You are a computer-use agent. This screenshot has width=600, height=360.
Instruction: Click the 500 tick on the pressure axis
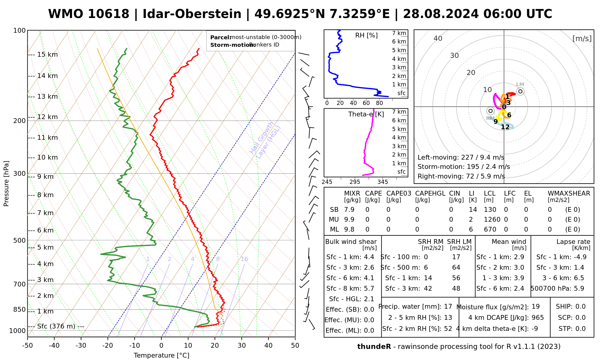[19, 240]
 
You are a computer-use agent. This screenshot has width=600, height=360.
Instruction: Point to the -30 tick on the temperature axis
[81, 345]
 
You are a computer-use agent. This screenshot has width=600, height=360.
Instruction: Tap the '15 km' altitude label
[47, 55]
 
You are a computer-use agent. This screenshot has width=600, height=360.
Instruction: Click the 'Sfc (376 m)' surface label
[56, 326]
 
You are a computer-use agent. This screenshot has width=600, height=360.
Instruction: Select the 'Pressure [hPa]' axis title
[6, 184]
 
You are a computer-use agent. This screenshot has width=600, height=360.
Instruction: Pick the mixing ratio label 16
[244, 259]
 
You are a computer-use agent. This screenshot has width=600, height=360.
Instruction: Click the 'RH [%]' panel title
[366, 35]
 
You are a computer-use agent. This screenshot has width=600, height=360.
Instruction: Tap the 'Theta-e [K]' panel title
[366, 114]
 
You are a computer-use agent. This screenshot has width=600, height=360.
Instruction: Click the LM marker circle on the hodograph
[520, 91]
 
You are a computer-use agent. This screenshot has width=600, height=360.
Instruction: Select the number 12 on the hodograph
[505, 127]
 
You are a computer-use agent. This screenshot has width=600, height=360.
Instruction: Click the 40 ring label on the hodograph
[438, 38]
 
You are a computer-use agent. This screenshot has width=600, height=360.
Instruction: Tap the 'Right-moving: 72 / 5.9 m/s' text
[461, 176]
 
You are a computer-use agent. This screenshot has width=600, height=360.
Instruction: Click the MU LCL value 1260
[492, 220]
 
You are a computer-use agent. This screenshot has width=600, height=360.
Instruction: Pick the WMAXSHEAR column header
[569, 193]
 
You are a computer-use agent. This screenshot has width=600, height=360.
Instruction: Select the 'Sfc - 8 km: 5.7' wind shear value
[350, 289]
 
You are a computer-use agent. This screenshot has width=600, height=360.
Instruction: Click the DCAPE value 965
[538, 318]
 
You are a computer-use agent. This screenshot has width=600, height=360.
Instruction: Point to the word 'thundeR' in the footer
[374, 347]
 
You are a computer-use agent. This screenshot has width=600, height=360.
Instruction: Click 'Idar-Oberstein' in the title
[192, 14]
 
